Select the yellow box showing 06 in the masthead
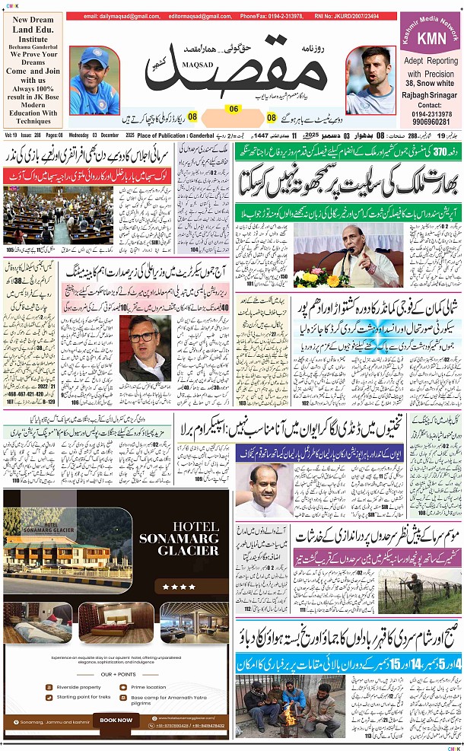234,109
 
